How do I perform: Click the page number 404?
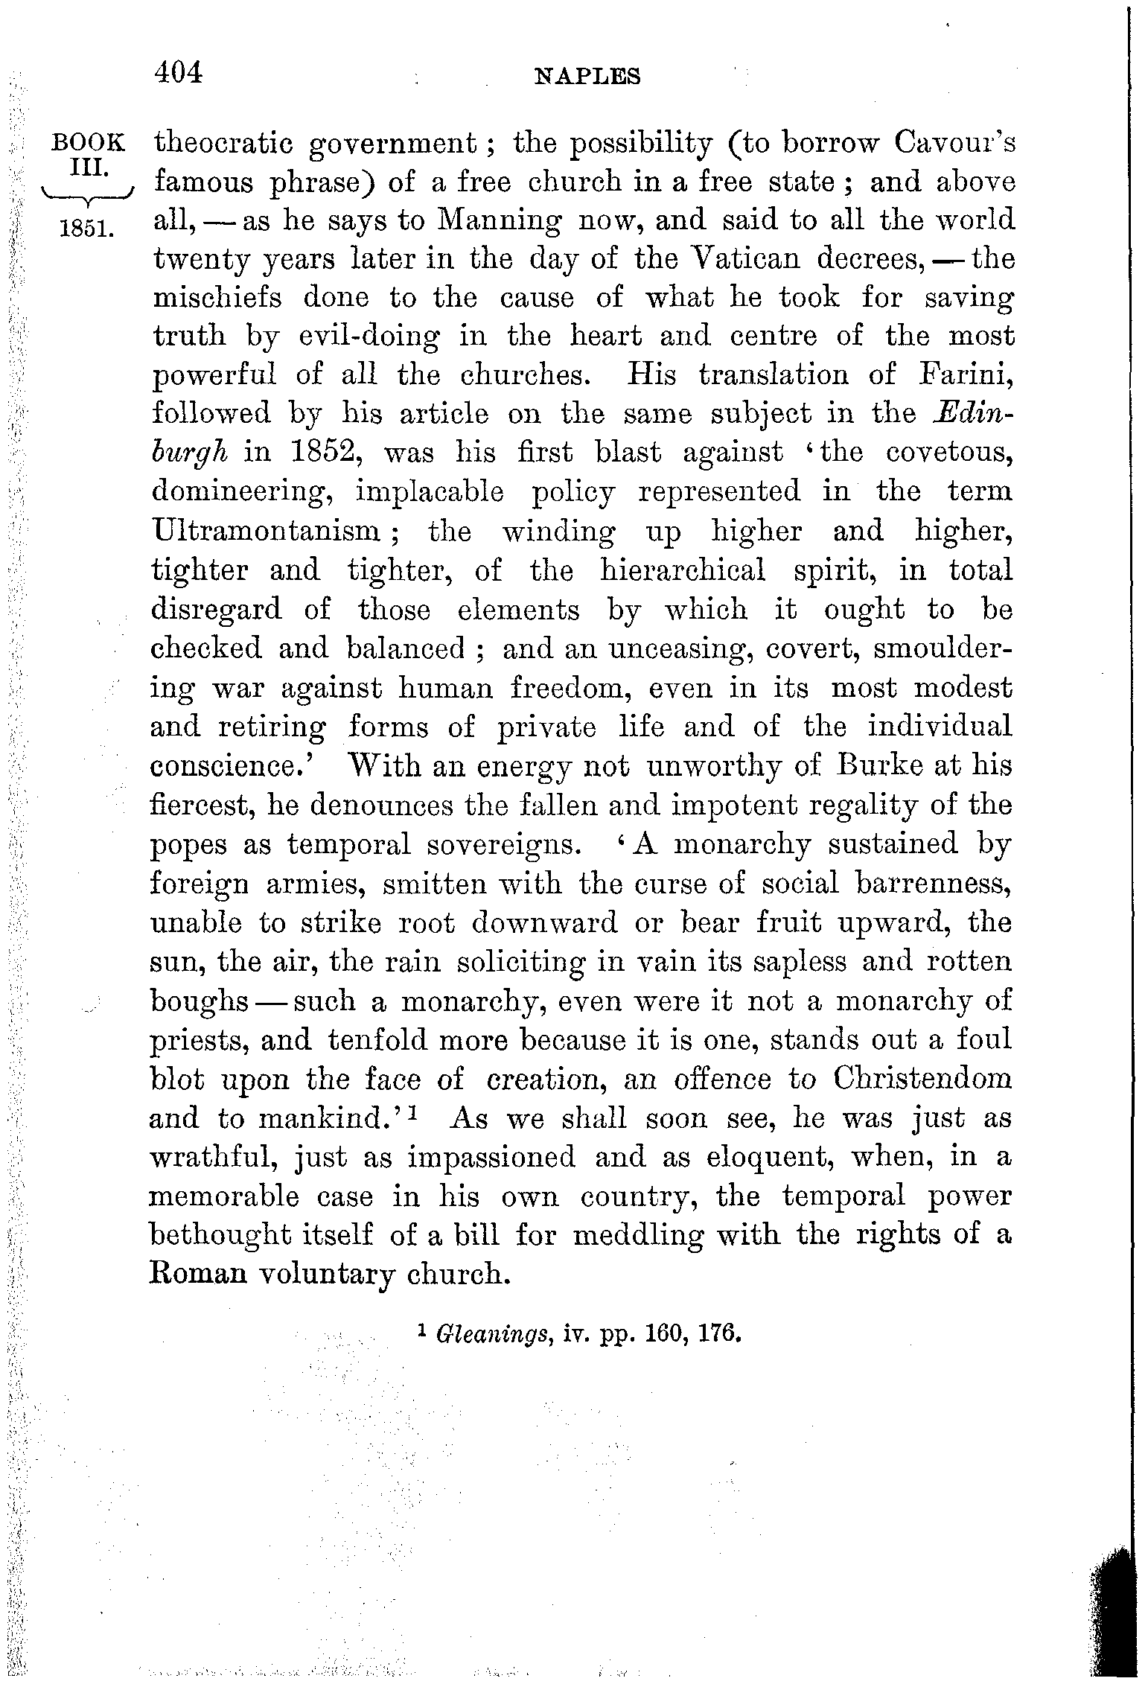coord(177,73)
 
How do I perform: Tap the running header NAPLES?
coord(588,77)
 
